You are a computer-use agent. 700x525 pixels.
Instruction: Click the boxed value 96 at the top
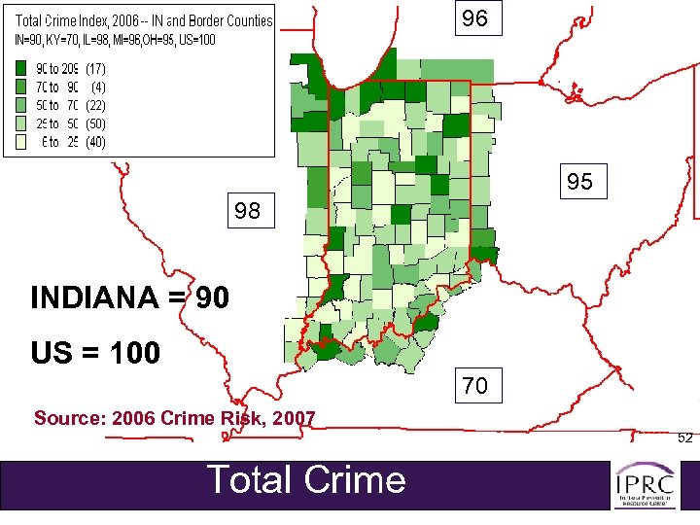475,18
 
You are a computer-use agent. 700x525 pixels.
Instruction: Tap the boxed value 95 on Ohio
580,182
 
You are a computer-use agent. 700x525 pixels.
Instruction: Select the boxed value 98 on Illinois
248,210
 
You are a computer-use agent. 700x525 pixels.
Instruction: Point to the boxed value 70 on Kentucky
475,386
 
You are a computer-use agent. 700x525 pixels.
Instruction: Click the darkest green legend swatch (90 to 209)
19,69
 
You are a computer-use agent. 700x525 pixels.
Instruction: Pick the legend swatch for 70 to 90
19,87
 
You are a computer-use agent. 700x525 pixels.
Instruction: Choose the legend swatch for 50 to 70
19,105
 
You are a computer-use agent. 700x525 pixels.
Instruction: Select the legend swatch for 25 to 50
19,123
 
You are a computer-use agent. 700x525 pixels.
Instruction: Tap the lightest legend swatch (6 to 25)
19,142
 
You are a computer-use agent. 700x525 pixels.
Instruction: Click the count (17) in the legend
95,69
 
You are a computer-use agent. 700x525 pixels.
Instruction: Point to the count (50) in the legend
95,123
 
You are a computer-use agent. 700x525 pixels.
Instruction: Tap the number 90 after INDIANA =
213,297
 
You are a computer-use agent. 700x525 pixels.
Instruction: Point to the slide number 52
684,437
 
